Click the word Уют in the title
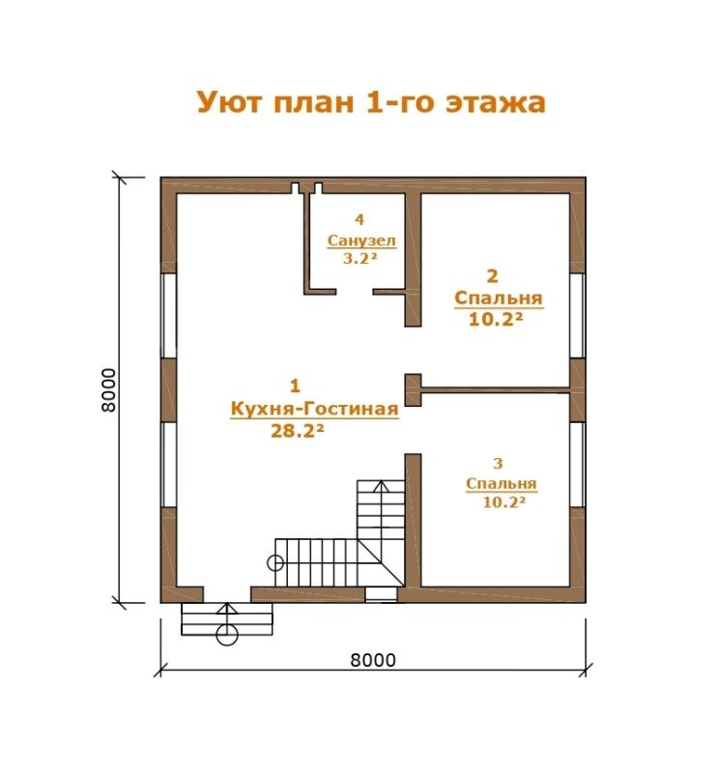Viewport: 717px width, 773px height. coord(229,102)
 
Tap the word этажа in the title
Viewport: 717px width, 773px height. coord(496,103)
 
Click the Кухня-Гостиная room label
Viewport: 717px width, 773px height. coord(315,410)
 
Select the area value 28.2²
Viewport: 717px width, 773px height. coord(298,431)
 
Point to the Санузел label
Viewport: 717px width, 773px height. coord(361,241)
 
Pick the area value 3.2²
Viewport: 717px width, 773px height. coord(363,258)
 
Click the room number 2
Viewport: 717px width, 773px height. coord(492,276)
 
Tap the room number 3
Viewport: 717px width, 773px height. coord(498,464)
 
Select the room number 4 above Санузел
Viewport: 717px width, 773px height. coord(359,219)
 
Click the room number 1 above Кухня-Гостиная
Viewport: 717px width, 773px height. coord(295,386)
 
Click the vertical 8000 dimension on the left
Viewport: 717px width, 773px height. coord(108,389)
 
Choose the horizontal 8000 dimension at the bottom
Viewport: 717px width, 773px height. coord(373,660)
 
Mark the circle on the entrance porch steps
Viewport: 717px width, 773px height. coord(227,635)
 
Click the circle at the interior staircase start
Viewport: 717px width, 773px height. coord(275,562)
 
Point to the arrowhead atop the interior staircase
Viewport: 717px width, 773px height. coord(381,487)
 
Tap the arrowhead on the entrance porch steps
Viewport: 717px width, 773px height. coord(227,609)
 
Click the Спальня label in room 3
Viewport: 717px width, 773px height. coord(501,484)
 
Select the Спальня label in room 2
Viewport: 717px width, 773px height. coord(498,299)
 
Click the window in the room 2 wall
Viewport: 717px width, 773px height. coord(578,316)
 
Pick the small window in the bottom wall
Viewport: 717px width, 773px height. coord(381,594)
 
